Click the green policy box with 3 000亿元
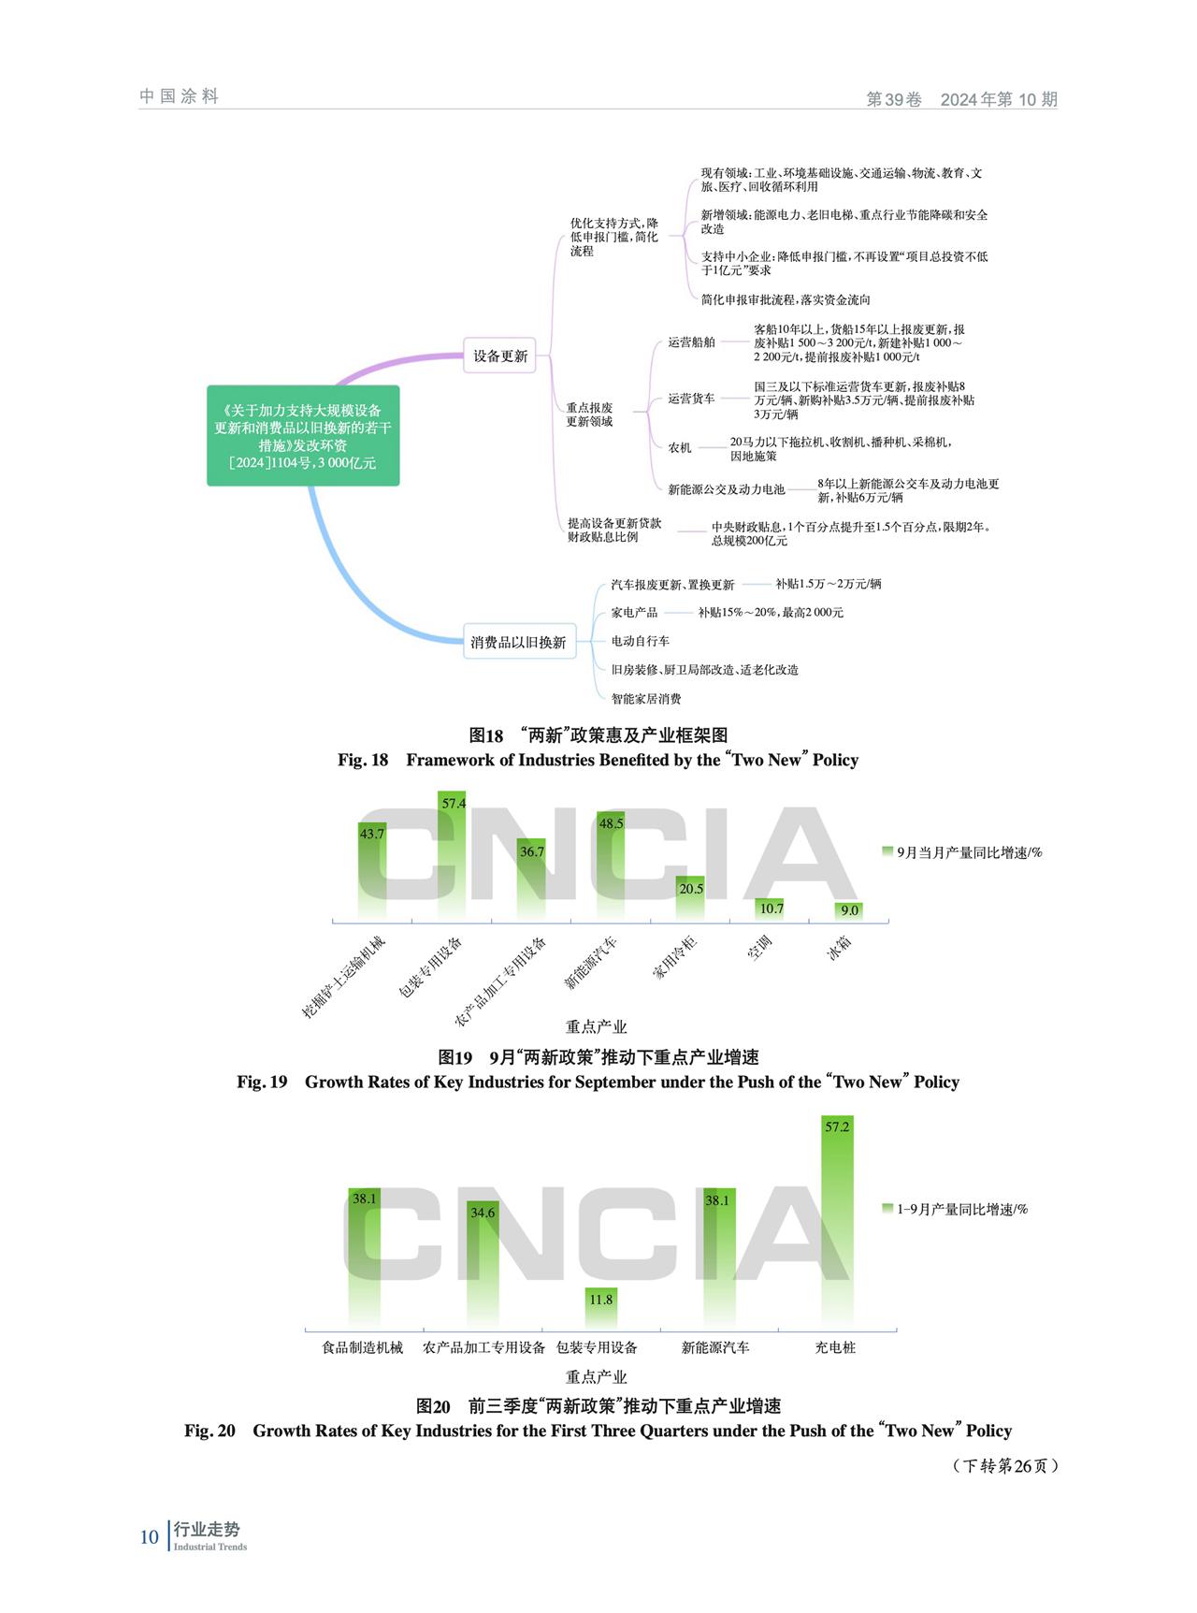(x=303, y=435)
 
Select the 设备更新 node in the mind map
(x=499, y=356)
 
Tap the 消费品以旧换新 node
(x=519, y=642)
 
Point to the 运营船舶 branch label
(x=691, y=342)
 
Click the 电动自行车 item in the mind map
(x=641, y=641)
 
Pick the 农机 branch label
(x=680, y=448)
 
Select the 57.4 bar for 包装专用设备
(x=454, y=855)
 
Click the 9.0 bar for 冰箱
(x=849, y=910)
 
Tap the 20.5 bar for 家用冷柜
(x=691, y=898)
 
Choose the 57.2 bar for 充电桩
(x=837, y=1222)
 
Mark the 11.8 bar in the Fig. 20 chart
(x=601, y=1308)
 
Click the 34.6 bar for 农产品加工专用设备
(x=483, y=1265)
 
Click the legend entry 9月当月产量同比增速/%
(x=962, y=852)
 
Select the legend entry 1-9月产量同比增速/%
(x=955, y=1209)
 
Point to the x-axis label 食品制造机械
(x=363, y=1347)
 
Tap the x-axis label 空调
(x=759, y=948)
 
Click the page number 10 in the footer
(x=150, y=1536)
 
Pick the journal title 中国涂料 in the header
(x=179, y=96)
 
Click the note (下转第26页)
(x=1005, y=1465)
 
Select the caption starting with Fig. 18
(x=598, y=760)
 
